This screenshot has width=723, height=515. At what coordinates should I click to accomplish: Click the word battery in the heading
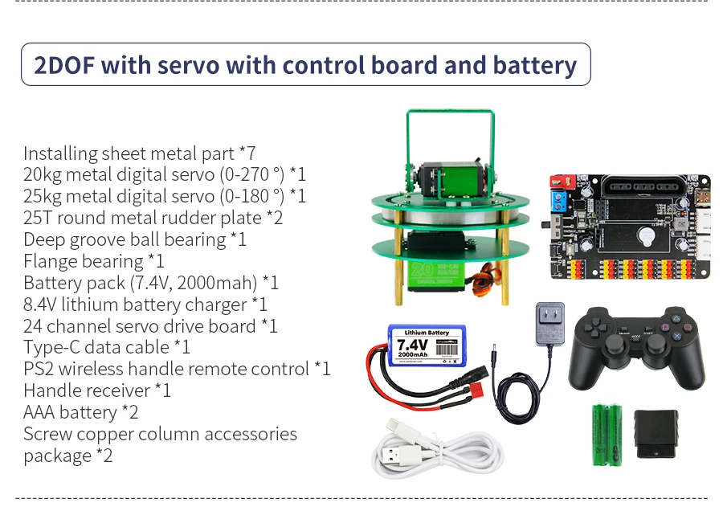pos(535,65)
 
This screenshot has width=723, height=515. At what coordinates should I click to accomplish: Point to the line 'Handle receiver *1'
pos(97,391)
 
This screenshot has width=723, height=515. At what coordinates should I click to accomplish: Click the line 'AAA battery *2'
pos(81,413)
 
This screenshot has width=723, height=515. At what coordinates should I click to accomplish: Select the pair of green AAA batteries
pos(607,434)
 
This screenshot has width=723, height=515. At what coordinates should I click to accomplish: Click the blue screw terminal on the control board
pos(558,200)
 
